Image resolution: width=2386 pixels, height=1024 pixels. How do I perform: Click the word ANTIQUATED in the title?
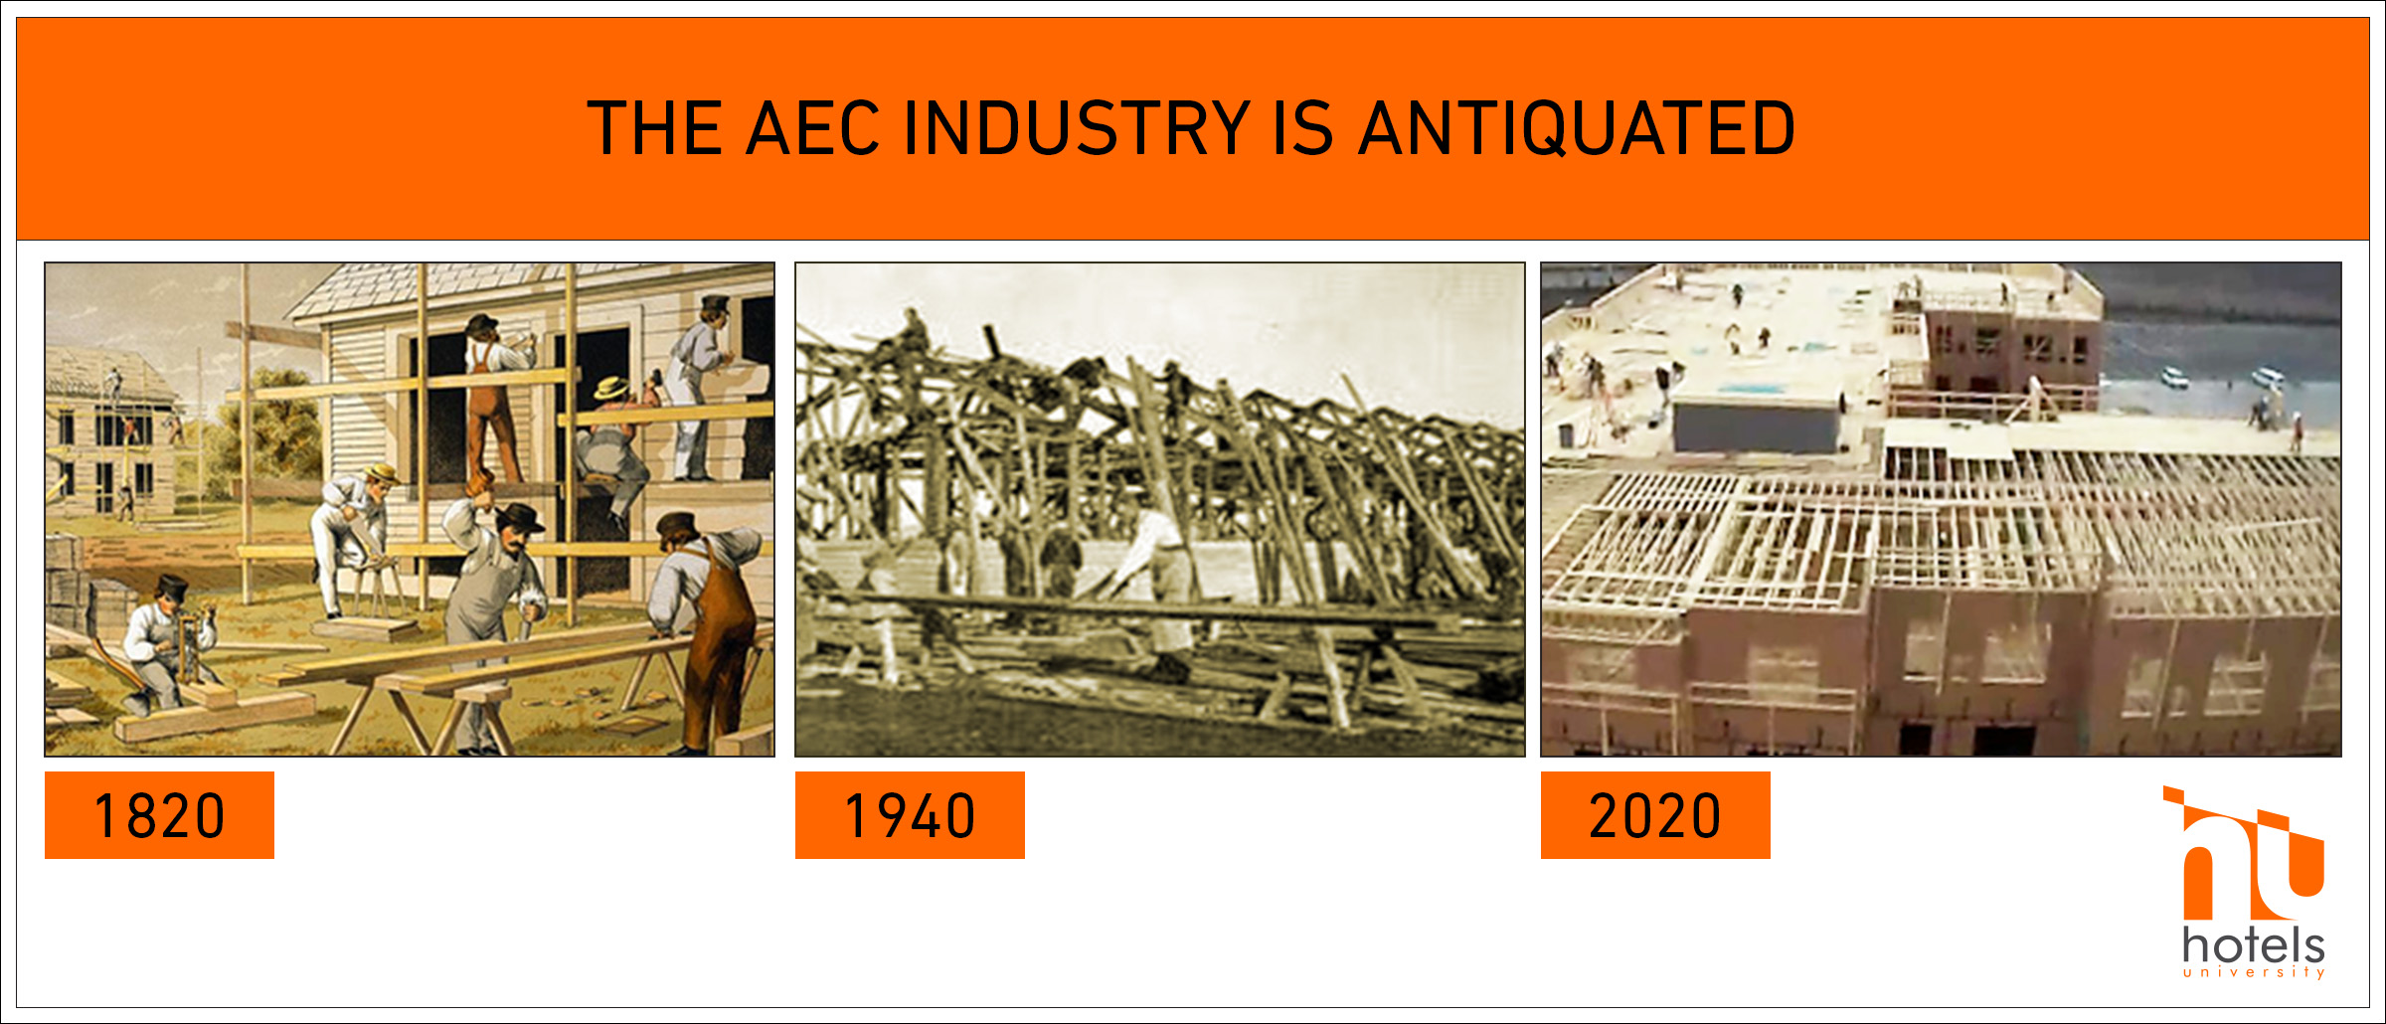point(1577,128)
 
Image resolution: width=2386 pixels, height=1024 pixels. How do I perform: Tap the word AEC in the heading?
point(813,128)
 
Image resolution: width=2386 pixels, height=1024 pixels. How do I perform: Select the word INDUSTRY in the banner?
point(1077,128)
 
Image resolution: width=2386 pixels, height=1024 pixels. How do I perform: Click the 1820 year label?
point(159,815)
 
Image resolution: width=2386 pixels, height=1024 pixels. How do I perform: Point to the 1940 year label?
point(910,815)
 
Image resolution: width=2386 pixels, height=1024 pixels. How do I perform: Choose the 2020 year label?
point(1655,815)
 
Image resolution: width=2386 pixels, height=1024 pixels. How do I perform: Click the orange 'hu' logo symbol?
point(2243,853)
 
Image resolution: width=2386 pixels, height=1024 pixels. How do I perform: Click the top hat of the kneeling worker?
point(171,587)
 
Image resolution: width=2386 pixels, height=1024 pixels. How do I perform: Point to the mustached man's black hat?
point(519,517)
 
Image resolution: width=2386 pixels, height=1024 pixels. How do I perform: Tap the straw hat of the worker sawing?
point(381,473)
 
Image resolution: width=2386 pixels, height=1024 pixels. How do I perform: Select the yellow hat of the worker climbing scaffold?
point(611,388)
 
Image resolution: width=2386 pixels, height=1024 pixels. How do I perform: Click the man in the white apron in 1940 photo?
point(1158,587)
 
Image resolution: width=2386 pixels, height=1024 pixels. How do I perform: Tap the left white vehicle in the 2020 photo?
point(2174,378)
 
